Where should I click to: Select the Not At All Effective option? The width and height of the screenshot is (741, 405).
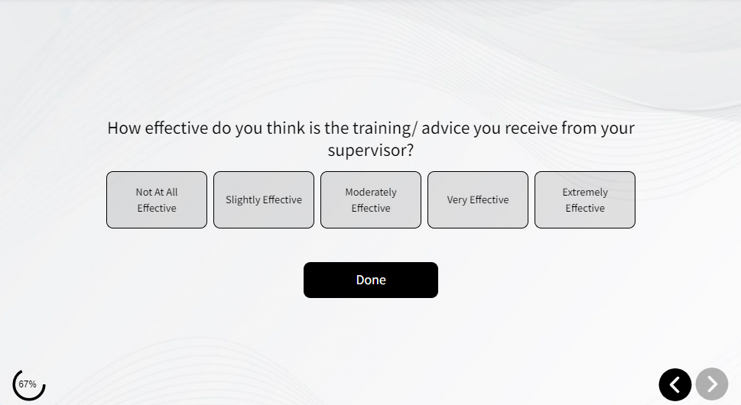click(x=157, y=199)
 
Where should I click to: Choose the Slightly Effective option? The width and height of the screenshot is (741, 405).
click(x=264, y=199)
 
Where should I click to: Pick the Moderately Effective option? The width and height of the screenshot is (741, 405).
click(x=371, y=199)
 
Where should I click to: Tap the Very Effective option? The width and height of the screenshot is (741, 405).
click(x=478, y=199)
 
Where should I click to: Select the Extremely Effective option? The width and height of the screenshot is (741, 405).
click(x=585, y=199)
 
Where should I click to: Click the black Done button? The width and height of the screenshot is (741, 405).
click(x=371, y=280)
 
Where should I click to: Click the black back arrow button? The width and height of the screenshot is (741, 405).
click(x=675, y=384)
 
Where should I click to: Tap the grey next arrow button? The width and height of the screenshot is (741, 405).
click(x=712, y=384)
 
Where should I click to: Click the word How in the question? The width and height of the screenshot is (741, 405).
click(x=125, y=128)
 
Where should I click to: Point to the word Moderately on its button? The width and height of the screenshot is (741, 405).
click(x=371, y=193)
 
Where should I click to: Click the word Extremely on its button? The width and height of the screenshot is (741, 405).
click(x=585, y=193)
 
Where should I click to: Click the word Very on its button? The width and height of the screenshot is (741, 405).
click(x=457, y=200)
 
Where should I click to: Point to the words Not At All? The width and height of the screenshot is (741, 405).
click(x=157, y=192)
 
